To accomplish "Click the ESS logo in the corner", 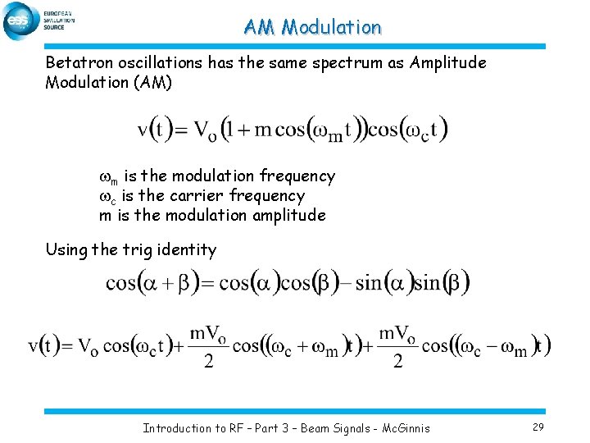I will click(x=20, y=21).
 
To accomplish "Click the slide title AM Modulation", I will click(x=312, y=27).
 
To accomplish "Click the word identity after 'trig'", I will click(x=190, y=250).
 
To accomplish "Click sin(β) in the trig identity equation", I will click(x=442, y=284).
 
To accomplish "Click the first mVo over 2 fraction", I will click(x=208, y=346).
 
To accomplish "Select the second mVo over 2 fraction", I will click(x=397, y=346).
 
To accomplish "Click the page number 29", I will click(x=538, y=427).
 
